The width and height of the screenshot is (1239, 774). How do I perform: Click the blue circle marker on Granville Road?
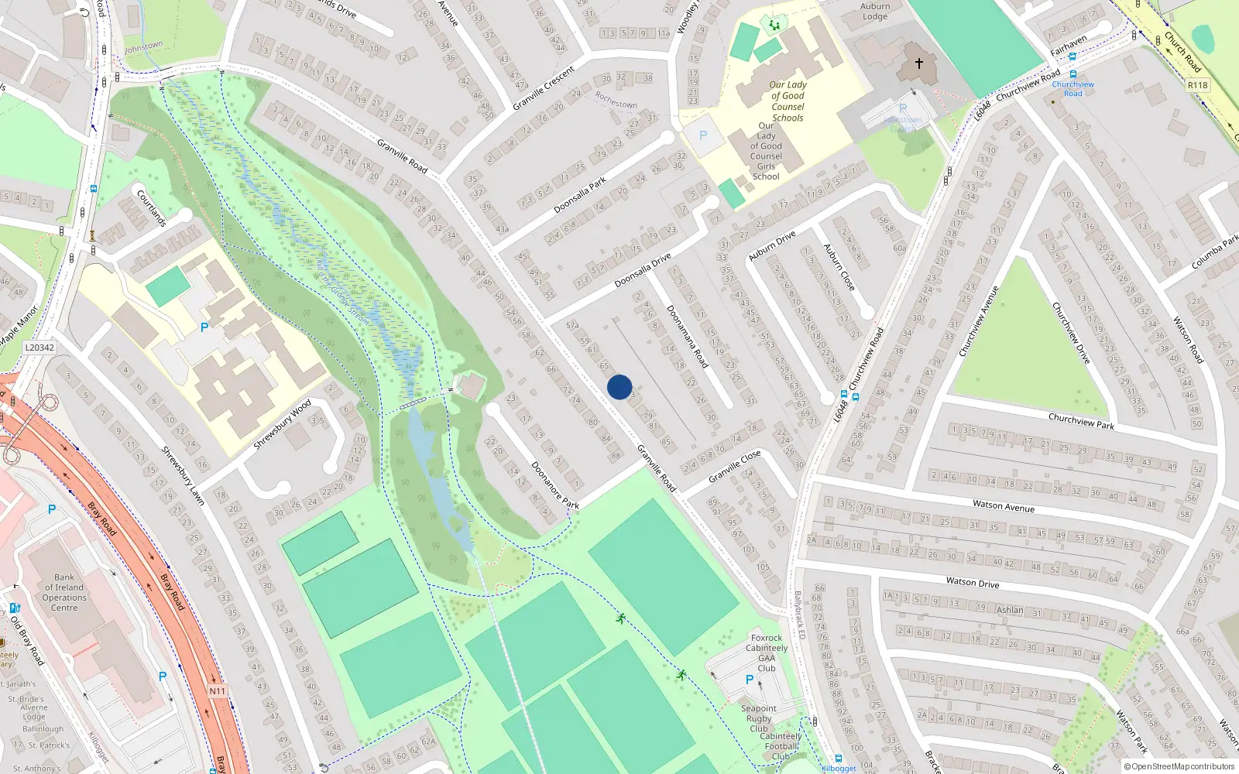[x=619, y=387]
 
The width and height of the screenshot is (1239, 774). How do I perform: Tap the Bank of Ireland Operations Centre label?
[x=64, y=592]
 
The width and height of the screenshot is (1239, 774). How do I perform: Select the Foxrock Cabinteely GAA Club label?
[x=767, y=653]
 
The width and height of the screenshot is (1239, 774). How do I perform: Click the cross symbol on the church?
[x=919, y=63]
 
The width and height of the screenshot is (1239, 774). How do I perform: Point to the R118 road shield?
[x=1197, y=85]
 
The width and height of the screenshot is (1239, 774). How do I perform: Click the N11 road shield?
[x=218, y=691]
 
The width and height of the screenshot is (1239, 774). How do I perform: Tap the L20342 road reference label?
[x=39, y=348]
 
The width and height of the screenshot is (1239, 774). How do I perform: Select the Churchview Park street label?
[x=1081, y=421]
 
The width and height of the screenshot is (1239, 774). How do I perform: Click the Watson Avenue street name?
[x=1004, y=505]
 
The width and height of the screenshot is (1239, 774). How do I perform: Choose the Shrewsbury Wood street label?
[x=283, y=424]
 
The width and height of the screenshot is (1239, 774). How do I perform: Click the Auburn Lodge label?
[x=875, y=11]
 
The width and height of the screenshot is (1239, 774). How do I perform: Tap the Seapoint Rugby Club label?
[x=759, y=718]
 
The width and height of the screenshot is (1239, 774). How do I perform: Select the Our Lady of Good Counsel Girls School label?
[x=766, y=151]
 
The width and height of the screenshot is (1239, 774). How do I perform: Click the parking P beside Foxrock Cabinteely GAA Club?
[x=749, y=680]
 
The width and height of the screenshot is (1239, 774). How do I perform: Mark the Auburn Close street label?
[x=839, y=267]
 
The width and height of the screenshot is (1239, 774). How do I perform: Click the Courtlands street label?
[x=152, y=207]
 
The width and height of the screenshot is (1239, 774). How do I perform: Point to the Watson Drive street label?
[x=973, y=582]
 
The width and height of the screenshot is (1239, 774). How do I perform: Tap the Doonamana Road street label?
[x=688, y=336]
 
